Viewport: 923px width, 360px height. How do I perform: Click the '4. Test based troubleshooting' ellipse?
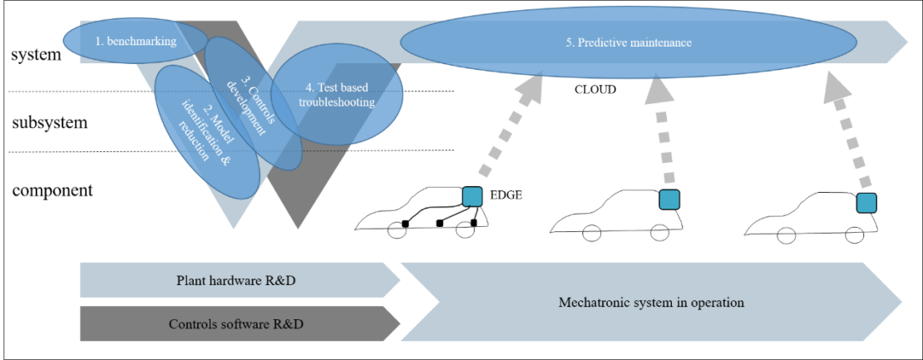[337, 95]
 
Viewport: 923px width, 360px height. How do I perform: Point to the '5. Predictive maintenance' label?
[628, 42]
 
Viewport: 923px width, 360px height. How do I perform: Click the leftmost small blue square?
[472, 197]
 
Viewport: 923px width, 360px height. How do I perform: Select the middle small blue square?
[669, 200]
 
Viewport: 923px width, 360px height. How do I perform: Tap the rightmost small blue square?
[866, 203]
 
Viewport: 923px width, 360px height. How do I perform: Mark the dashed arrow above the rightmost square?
[848, 133]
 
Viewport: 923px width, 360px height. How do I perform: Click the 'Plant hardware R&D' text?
[236, 280]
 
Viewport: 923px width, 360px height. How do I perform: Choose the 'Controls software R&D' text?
[236, 324]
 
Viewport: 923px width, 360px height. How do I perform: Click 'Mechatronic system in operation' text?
[650, 303]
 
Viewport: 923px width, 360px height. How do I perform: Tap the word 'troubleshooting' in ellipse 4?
[337, 102]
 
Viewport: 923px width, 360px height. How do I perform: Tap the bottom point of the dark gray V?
[296, 229]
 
